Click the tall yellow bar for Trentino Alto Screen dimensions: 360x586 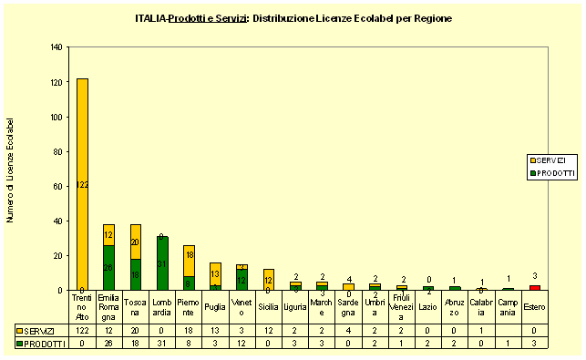[82, 182]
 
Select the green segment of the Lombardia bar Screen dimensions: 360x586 [162, 263]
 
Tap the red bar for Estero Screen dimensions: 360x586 [535, 287]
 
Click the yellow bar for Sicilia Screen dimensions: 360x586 [269, 279]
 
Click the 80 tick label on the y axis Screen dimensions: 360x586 [58, 151]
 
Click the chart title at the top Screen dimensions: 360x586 [293, 18]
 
